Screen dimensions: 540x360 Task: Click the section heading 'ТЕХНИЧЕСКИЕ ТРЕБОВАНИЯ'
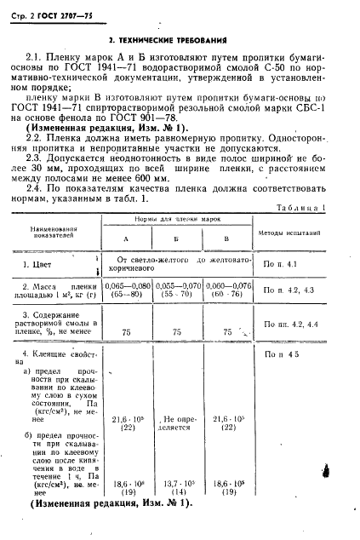(178, 41)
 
